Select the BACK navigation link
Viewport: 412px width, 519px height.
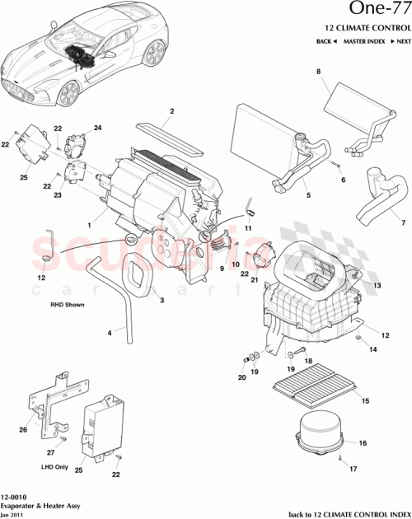tap(326, 40)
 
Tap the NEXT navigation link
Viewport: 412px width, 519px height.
tap(400, 40)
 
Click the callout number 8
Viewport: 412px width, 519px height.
tap(318, 73)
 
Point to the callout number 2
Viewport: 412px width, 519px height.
tap(171, 111)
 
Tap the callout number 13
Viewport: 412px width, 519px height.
tap(378, 285)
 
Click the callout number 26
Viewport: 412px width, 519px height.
tap(22, 428)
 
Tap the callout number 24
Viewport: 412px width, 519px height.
tap(97, 128)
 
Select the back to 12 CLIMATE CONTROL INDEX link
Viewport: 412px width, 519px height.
tap(346, 514)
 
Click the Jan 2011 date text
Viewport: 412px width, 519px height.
tap(14, 514)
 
